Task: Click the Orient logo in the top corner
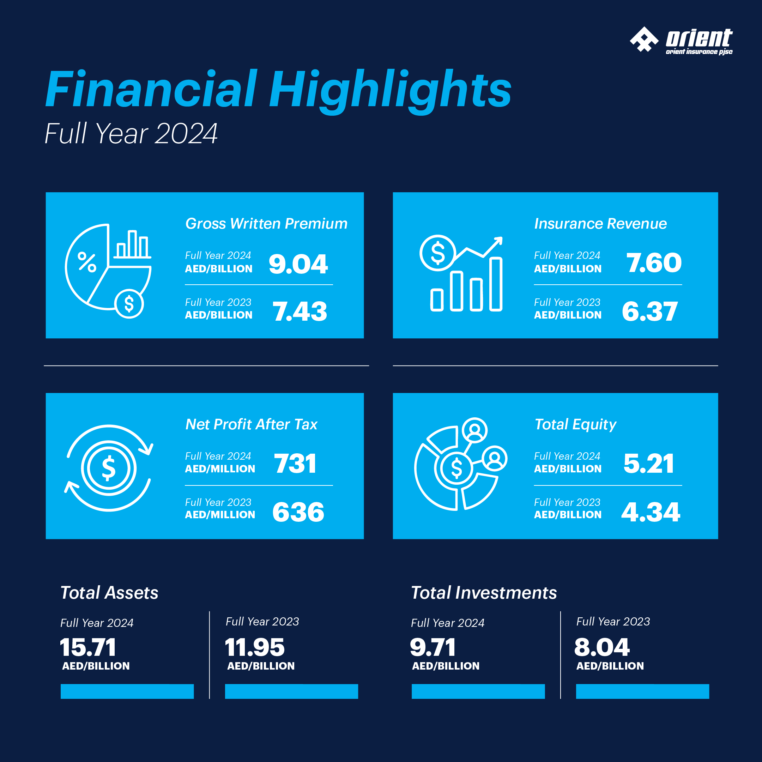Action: (x=681, y=40)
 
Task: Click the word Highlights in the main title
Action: (x=390, y=90)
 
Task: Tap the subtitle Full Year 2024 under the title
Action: (x=131, y=133)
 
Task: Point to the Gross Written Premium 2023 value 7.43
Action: (x=300, y=311)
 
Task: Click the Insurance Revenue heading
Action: (x=600, y=224)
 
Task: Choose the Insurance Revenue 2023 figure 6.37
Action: (x=650, y=311)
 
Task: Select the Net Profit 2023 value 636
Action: (x=298, y=512)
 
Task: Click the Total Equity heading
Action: (x=575, y=424)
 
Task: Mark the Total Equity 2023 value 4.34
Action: (x=651, y=512)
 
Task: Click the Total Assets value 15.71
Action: (x=88, y=647)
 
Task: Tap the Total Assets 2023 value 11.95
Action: (x=255, y=647)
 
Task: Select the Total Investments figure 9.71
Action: (x=433, y=647)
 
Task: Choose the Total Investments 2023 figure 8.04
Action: (x=602, y=647)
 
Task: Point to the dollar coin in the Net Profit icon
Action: (x=109, y=468)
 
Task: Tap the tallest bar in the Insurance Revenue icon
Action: (x=496, y=284)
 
